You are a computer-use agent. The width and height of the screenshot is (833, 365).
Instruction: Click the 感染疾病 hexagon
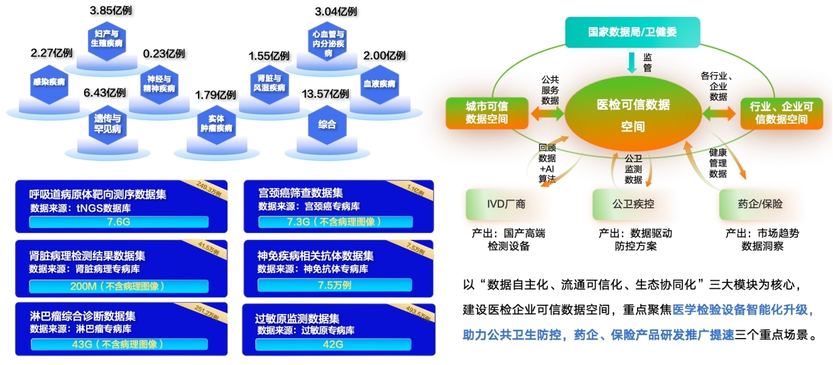pos(50,82)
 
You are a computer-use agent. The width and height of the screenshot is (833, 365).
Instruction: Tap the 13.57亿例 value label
pos(325,94)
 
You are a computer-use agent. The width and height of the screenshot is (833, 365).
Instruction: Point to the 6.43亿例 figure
pos(105,93)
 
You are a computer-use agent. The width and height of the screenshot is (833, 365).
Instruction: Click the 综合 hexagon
pos(327,124)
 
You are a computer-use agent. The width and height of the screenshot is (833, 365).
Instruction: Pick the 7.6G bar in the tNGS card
pos(118,222)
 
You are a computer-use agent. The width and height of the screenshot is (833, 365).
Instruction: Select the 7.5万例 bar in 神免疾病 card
pos(334,283)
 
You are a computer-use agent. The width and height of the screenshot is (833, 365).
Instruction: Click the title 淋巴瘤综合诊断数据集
pos(82,317)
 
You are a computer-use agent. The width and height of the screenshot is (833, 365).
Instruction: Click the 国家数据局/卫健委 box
pos(632,32)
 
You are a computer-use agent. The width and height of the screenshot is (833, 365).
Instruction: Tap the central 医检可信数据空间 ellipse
pos(633,115)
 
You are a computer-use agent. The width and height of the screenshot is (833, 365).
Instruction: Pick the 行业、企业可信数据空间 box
pos(782,113)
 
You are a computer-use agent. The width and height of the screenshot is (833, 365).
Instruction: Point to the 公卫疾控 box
pos(634,204)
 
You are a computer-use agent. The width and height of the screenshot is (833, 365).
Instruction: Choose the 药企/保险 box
pos(760,204)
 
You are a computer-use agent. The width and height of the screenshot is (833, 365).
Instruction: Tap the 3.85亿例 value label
pos(111,11)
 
